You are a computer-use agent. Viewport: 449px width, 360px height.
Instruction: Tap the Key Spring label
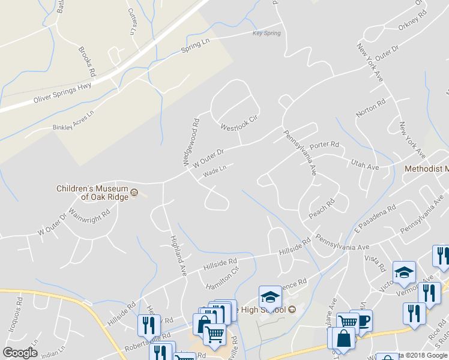(x=267, y=33)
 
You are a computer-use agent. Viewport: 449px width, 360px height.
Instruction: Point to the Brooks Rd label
(x=87, y=62)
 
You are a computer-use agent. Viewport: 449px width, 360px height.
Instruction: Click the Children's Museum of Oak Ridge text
(x=92, y=192)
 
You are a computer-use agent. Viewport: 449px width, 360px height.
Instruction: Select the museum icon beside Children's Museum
(x=134, y=193)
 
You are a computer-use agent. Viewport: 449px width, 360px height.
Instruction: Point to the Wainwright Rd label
(x=89, y=217)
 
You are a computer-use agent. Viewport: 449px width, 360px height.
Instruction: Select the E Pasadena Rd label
(x=375, y=219)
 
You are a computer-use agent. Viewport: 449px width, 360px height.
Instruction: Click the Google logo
(x=20, y=352)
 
